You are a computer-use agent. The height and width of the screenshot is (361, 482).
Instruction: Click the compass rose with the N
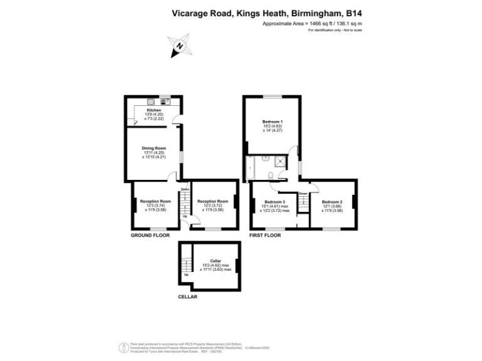pos(179,45)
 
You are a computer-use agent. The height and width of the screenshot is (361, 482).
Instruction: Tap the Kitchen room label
pos(154,110)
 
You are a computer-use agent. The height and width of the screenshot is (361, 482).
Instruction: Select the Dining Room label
pos(154,149)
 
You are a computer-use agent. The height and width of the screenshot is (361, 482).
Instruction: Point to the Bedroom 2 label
pos(332,202)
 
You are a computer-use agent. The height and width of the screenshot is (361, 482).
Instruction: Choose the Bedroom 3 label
pos(275,202)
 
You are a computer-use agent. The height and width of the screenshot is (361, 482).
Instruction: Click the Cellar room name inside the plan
pos(215,260)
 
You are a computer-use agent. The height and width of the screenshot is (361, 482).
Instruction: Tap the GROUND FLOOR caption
pos(151,236)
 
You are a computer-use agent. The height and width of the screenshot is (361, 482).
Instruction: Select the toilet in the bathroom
pos(269,175)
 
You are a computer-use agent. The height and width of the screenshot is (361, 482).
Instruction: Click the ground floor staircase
pos(185,203)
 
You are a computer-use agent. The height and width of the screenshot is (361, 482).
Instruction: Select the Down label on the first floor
pos(303,193)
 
